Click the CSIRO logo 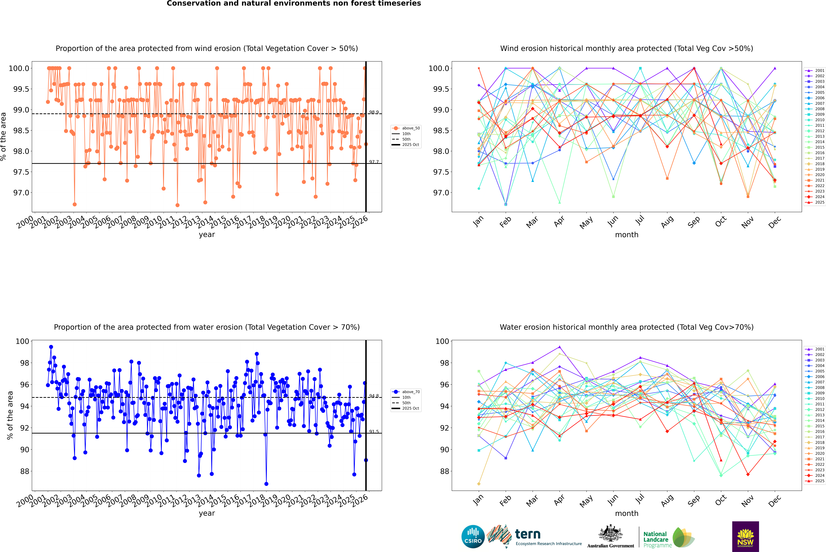pyautogui.click(x=473, y=537)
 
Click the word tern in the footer pyautogui.click(x=527, y=534)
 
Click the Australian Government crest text pyautogui.click(x=611, y=546)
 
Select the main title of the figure pyautogui.click(x=294, y=3)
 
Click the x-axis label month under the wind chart pyautogui.click(x=626, y=235)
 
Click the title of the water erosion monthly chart pyautogui.click(x=626, y=327)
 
